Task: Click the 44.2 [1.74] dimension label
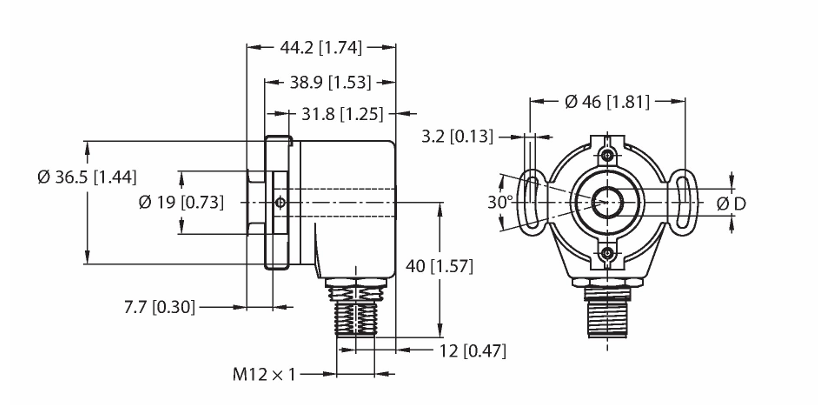321,48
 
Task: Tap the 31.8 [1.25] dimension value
343,113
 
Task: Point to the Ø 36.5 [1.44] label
87,178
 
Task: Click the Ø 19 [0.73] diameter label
181,203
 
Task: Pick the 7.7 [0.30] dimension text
159,307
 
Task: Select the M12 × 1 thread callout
264,374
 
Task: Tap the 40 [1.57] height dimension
439,267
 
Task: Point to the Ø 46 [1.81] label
607,102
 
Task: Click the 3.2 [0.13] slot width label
458,137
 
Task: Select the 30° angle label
500,203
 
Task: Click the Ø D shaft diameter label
731,203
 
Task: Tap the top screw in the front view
607,155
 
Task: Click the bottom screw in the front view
607,253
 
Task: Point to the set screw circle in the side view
280,203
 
